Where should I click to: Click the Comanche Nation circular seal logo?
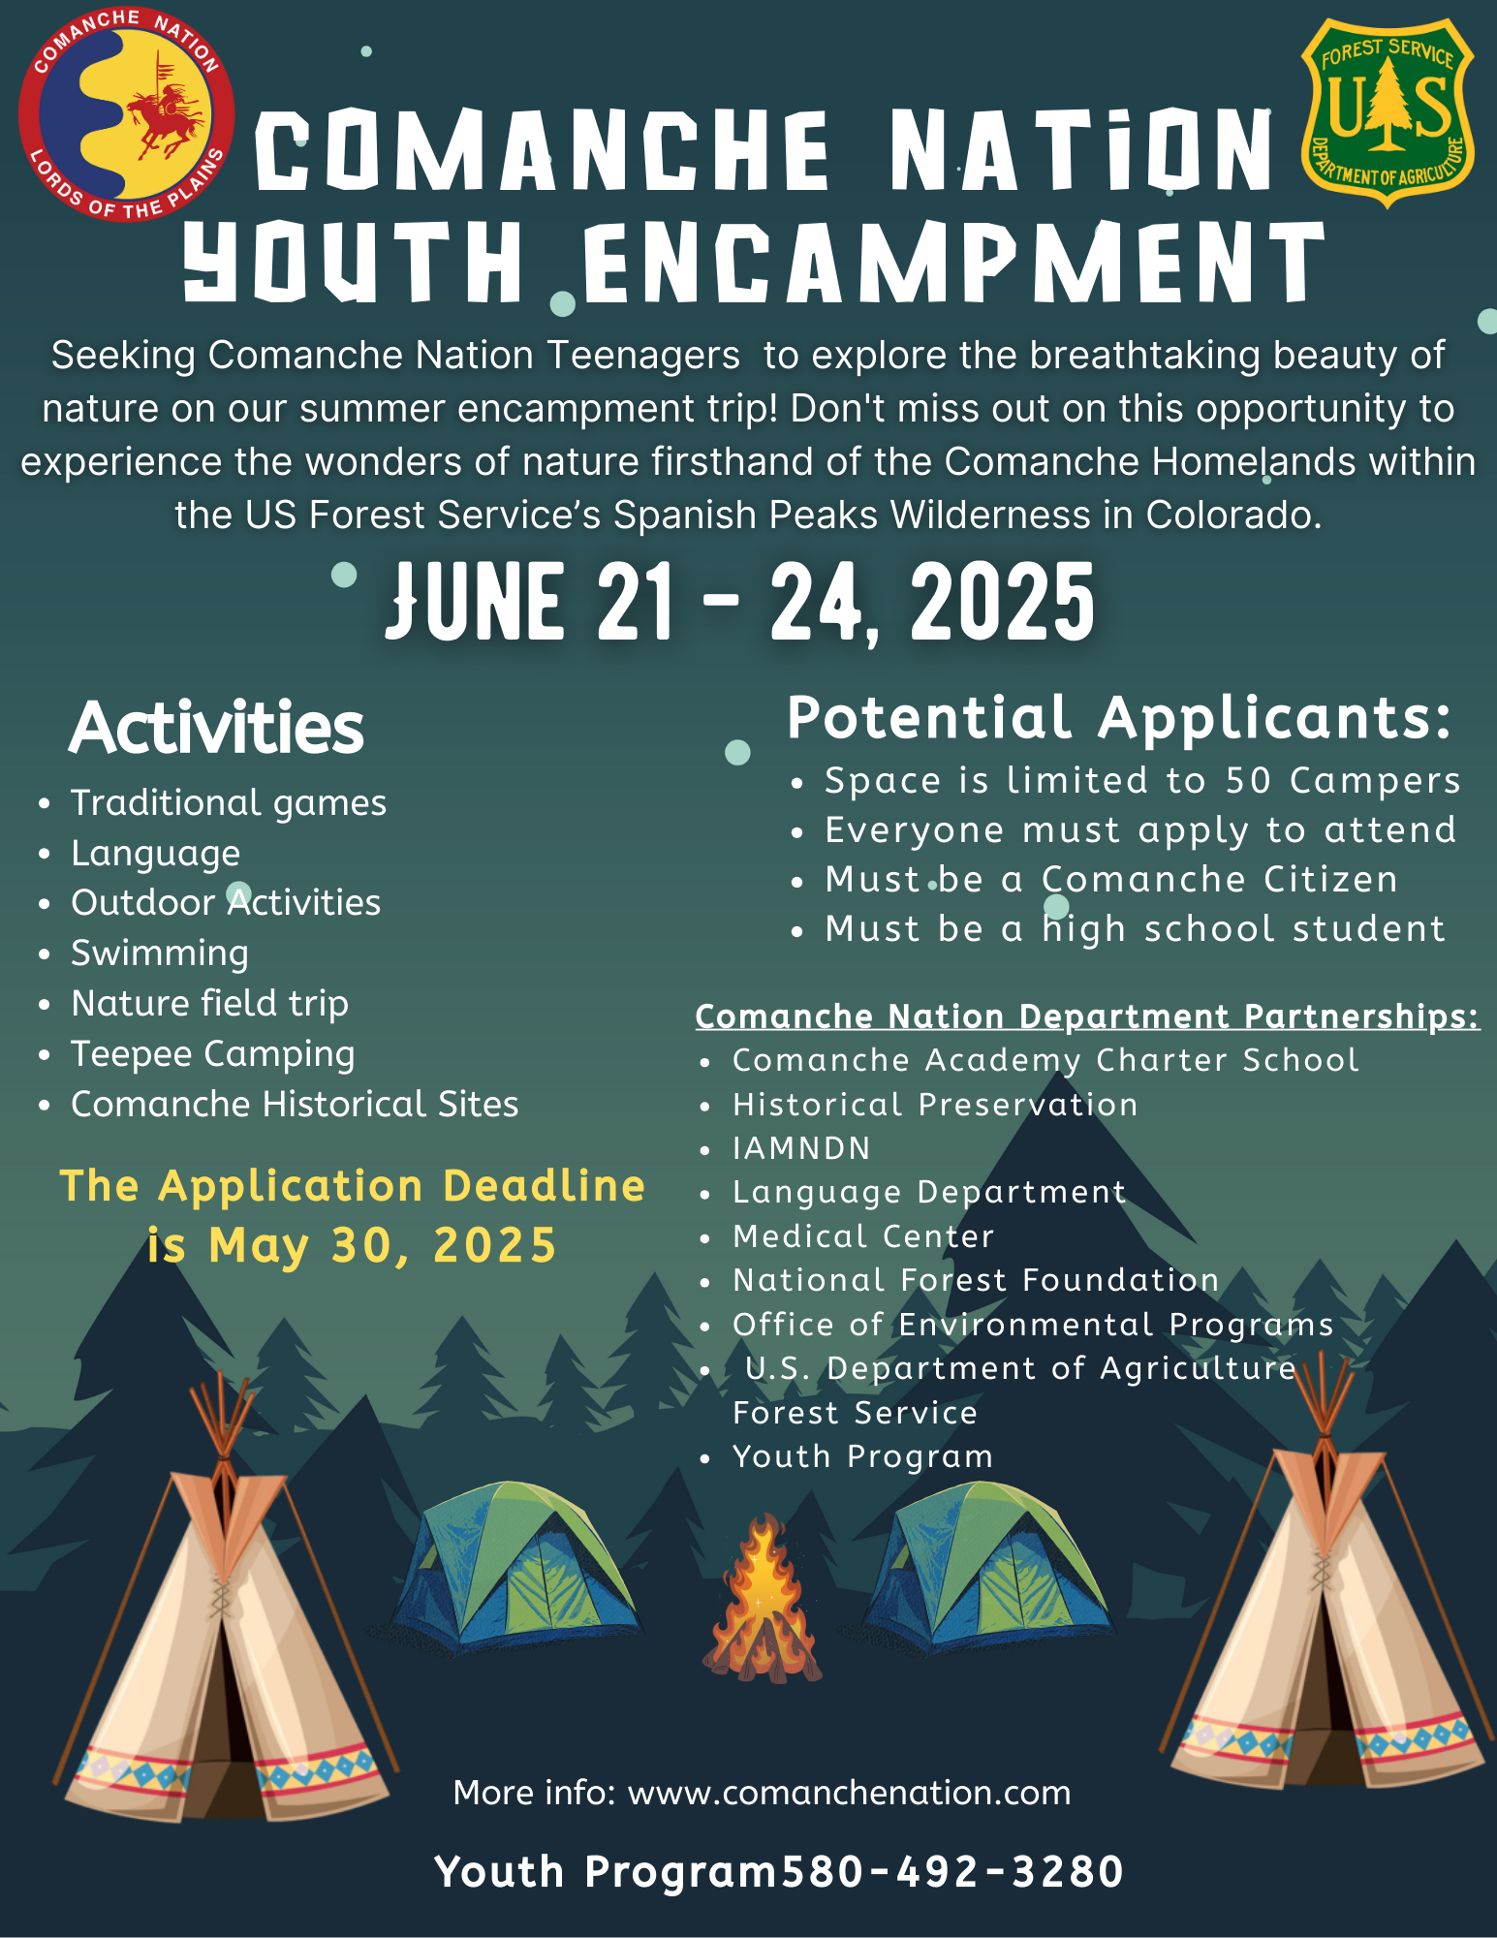(126, 114)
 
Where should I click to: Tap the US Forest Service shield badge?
(1388, 112)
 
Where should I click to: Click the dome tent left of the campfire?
(514, 1565)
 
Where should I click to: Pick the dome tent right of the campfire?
(988, 1565)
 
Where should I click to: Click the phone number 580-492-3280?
(951, 1871)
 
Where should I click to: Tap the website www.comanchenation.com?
(849, 1793)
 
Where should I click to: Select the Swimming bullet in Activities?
(160, 953)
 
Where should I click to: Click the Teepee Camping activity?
(213, 1054)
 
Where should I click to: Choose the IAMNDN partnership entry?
(801, 1148)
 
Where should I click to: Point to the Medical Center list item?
(863, 1236)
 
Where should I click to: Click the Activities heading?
(217, 728)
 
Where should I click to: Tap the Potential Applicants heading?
(1119, 718)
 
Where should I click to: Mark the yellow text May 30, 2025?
(382, 1245)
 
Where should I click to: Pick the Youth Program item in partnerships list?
(862, 1456)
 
